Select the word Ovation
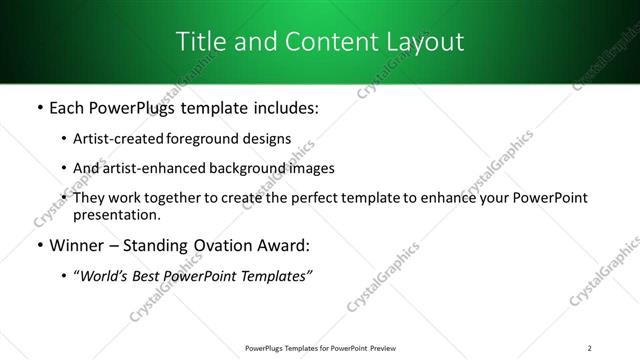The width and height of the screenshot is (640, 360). (x=227, y=246)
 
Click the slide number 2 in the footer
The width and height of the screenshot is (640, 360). (x=590, y=347)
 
